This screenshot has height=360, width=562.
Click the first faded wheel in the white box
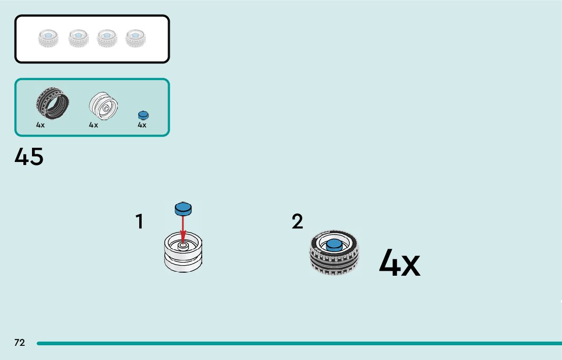tap(49, 38)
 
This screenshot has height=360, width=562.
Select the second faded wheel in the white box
tap(78, 38)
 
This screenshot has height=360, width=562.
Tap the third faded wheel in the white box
tap(107, 38)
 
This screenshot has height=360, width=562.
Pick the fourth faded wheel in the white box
tap(135, 38)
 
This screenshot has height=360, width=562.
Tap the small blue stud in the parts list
tap(143, 115)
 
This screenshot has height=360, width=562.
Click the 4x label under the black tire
tap(41, 125)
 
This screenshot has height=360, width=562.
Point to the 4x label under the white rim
tap(93, 125)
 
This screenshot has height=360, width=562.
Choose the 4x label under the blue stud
tap(142, 125)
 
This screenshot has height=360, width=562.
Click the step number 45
tap(29, 157)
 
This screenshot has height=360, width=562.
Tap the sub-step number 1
tap(139, 222)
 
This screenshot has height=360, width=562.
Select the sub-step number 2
tap(297, 222)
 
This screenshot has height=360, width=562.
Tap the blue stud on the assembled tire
tap(334, 245)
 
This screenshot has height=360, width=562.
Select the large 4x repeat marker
tap(399, 264)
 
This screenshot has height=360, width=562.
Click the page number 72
tap(19, 343)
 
